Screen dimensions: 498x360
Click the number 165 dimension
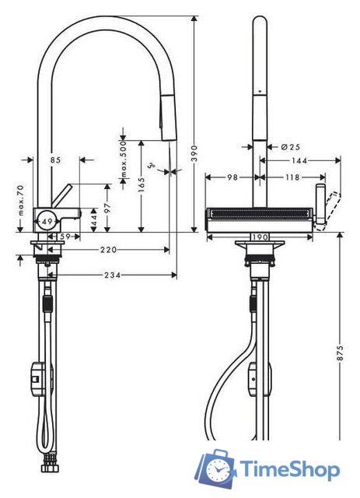141,187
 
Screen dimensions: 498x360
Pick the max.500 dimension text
122,162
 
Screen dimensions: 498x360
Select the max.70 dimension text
23,201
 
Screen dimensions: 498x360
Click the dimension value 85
55,160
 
